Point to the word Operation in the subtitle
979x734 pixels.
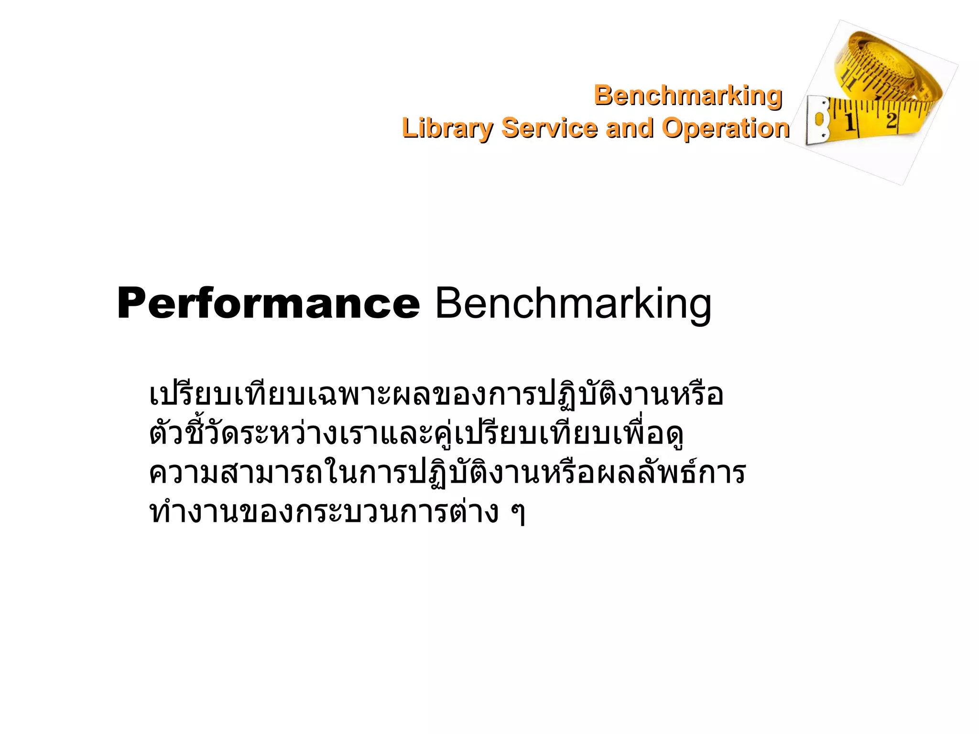725,128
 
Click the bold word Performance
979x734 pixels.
268,303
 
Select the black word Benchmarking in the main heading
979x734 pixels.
573,303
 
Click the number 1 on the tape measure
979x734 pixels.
850,121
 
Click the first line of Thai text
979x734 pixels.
436,395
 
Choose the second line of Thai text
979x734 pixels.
416,434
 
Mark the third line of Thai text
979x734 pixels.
447,473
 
